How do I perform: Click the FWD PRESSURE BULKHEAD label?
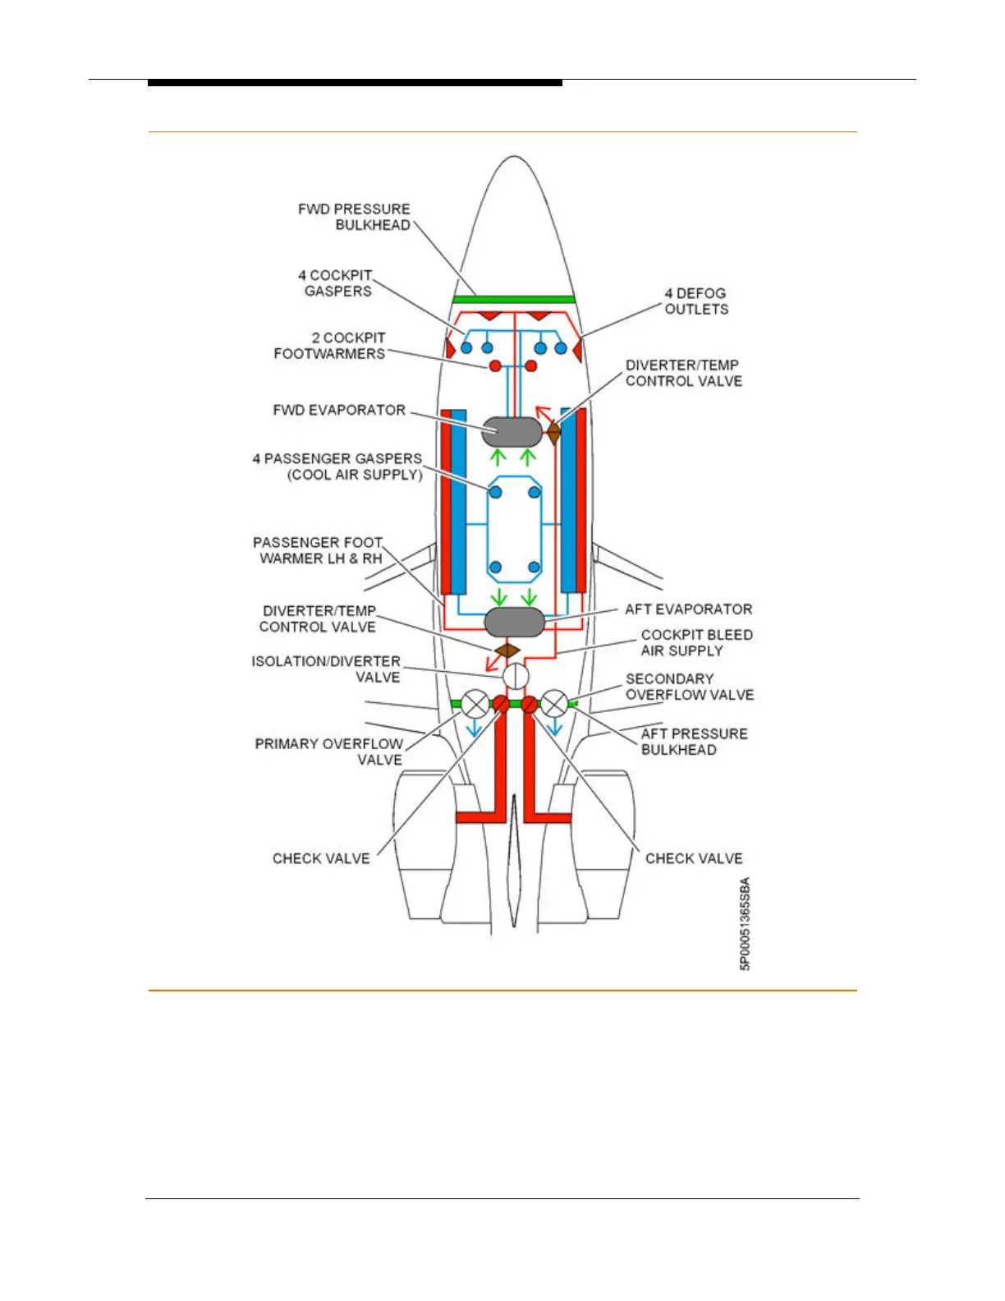point(354,217)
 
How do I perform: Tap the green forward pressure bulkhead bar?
point(514,300)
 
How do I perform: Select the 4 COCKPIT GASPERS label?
point(335,283)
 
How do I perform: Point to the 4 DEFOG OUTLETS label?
point(695,301)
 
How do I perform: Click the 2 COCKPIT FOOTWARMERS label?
point(330,346)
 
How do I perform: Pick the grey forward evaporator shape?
point(512,430)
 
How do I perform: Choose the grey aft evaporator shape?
point(515,623)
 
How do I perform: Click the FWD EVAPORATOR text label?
point(339,410)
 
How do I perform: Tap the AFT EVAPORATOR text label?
point(688,609)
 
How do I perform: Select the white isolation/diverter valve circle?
point(515,677)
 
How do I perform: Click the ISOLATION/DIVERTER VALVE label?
point(327,669)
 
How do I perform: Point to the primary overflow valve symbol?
point(475,704)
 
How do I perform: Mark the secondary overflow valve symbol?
point(554,704)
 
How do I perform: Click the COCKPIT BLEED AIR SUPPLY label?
point(696,643)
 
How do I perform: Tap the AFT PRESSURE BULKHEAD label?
point(694,742)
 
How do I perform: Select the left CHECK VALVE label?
point(321,858)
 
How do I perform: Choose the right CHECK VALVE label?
point(694,858)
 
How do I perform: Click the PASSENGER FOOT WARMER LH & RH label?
point(318,550)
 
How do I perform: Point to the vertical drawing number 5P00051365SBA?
point(745,924)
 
